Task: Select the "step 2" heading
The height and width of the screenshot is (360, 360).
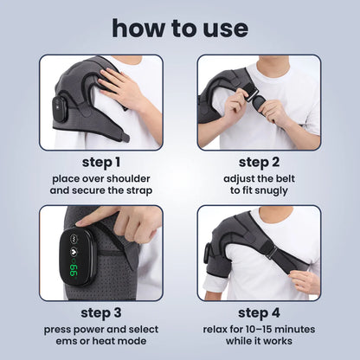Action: [x=259, y=163]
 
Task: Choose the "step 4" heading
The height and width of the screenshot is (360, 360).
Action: [x=259, y=313]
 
